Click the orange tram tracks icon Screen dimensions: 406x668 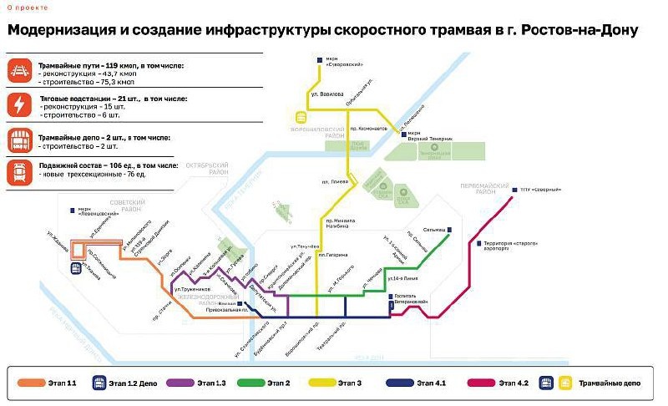pos(19,69)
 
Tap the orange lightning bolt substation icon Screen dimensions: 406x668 pos(19,104)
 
